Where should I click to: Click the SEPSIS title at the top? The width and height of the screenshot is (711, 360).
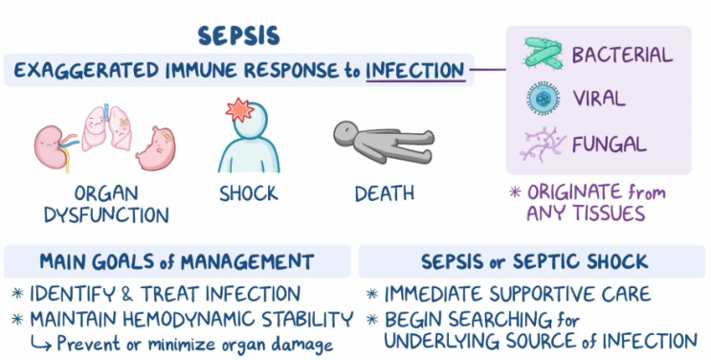[238, 35]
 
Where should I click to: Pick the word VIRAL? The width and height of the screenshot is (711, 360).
[599, 100]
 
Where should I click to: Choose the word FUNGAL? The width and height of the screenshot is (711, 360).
[609, 146]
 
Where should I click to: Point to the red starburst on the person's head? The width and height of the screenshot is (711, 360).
[239, 110]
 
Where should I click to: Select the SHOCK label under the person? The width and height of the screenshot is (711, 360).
[248, 193]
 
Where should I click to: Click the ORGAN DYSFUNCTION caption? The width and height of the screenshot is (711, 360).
[104, 202]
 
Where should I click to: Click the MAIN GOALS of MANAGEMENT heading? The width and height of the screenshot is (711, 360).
[176, 261]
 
